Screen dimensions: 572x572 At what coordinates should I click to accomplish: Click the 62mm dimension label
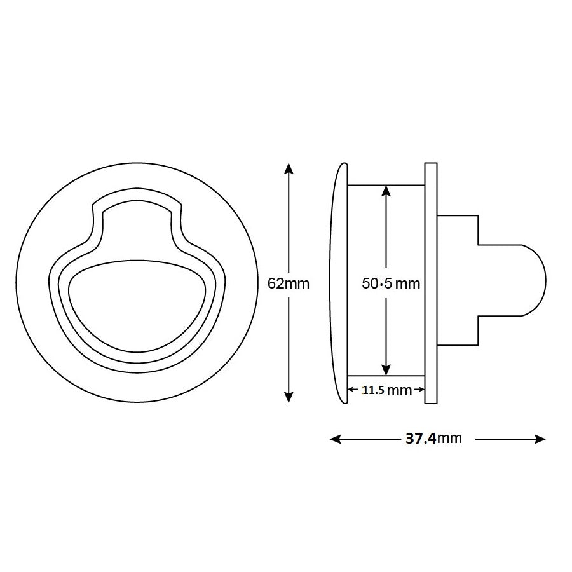click(x=289, y=283)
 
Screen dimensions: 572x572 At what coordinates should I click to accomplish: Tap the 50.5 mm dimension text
click(x=391, y=283)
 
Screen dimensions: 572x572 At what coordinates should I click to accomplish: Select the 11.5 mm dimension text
click(x=386, y=390)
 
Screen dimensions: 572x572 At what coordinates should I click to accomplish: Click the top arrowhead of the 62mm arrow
click(x=289, y=168)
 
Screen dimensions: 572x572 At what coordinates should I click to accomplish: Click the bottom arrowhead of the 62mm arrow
click(x=289, y=397)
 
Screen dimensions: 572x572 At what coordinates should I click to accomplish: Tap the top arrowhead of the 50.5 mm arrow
click(x=385, y=190)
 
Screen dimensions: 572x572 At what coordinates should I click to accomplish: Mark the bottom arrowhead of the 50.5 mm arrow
click(x=385, y=370)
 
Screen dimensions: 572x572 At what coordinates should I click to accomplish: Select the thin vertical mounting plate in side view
click(x=430, y=283)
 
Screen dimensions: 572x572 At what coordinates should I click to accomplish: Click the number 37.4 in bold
click(x=420, y=439)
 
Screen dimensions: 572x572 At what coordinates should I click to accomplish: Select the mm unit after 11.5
click(x=399, y=390)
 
